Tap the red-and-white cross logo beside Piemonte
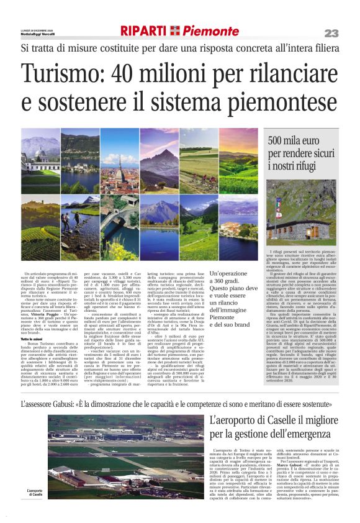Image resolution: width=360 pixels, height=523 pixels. tap(176, 31)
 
